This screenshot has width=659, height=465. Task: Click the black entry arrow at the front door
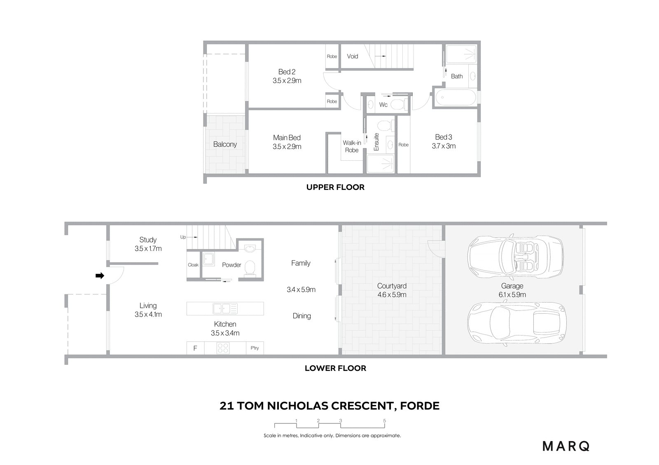[100, 275]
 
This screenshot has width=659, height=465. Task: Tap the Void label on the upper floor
[353, 56]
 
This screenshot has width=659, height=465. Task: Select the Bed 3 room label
[443, 137]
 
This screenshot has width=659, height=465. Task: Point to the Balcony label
[225, 144]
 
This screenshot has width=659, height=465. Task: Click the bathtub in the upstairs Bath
[456, 97]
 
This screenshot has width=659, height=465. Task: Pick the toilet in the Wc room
[400, 104]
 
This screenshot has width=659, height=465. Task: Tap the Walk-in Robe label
[352, 146]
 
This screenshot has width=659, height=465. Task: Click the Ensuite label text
[376, 142]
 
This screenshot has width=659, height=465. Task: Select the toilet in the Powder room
[250, 268]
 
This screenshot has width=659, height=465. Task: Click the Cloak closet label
[193, 265]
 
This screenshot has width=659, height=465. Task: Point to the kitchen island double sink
[225, 308]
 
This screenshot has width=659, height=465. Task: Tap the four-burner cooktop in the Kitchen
[223, 348]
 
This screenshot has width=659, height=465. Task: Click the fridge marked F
[195, 348]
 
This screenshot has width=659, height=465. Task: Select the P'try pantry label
[255, 348]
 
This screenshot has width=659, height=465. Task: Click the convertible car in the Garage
[515, 256]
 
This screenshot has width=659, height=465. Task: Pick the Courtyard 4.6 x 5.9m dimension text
[392, 295]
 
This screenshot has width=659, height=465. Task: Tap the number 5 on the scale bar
[385, 421]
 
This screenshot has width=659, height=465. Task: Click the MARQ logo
[566, 446]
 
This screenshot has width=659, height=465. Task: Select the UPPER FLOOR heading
[335, 187]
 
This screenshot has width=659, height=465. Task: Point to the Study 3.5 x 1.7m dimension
[148, 248]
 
